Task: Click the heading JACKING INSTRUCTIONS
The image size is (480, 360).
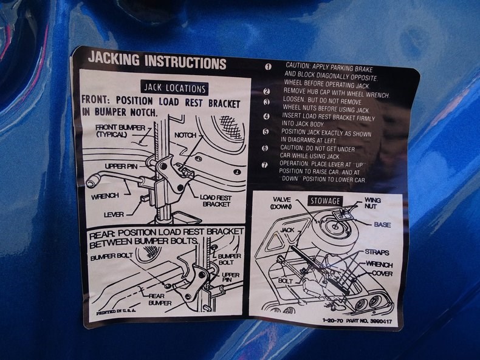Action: pos(157,61)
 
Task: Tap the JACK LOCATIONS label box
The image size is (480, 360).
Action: pos(174,89)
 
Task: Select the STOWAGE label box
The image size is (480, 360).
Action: pos(325,201)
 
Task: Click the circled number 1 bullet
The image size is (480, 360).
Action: pos(268,67)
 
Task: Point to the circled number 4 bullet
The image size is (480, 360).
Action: pos(267,117)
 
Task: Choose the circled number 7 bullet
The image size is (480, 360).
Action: pos(264,165)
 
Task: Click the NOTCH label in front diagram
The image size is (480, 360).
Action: pos(185,135)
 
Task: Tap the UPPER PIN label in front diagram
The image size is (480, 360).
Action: pos(122,166)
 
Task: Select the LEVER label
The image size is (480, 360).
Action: pos(114,215)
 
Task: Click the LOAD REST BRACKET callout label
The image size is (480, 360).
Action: pos(216,201)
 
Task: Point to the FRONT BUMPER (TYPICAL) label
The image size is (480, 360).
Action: pos(120,131)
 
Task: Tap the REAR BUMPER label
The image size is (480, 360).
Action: pos(159,299)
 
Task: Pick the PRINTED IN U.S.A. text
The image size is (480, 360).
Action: pos(116,311)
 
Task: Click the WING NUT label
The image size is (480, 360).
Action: pos(372,203)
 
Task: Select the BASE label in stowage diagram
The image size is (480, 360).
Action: pos(382,225)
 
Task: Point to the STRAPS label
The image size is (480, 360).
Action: pos(377,253)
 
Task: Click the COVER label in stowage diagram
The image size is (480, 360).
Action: pos(382,273)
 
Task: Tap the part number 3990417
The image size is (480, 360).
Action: pos(381,322)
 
